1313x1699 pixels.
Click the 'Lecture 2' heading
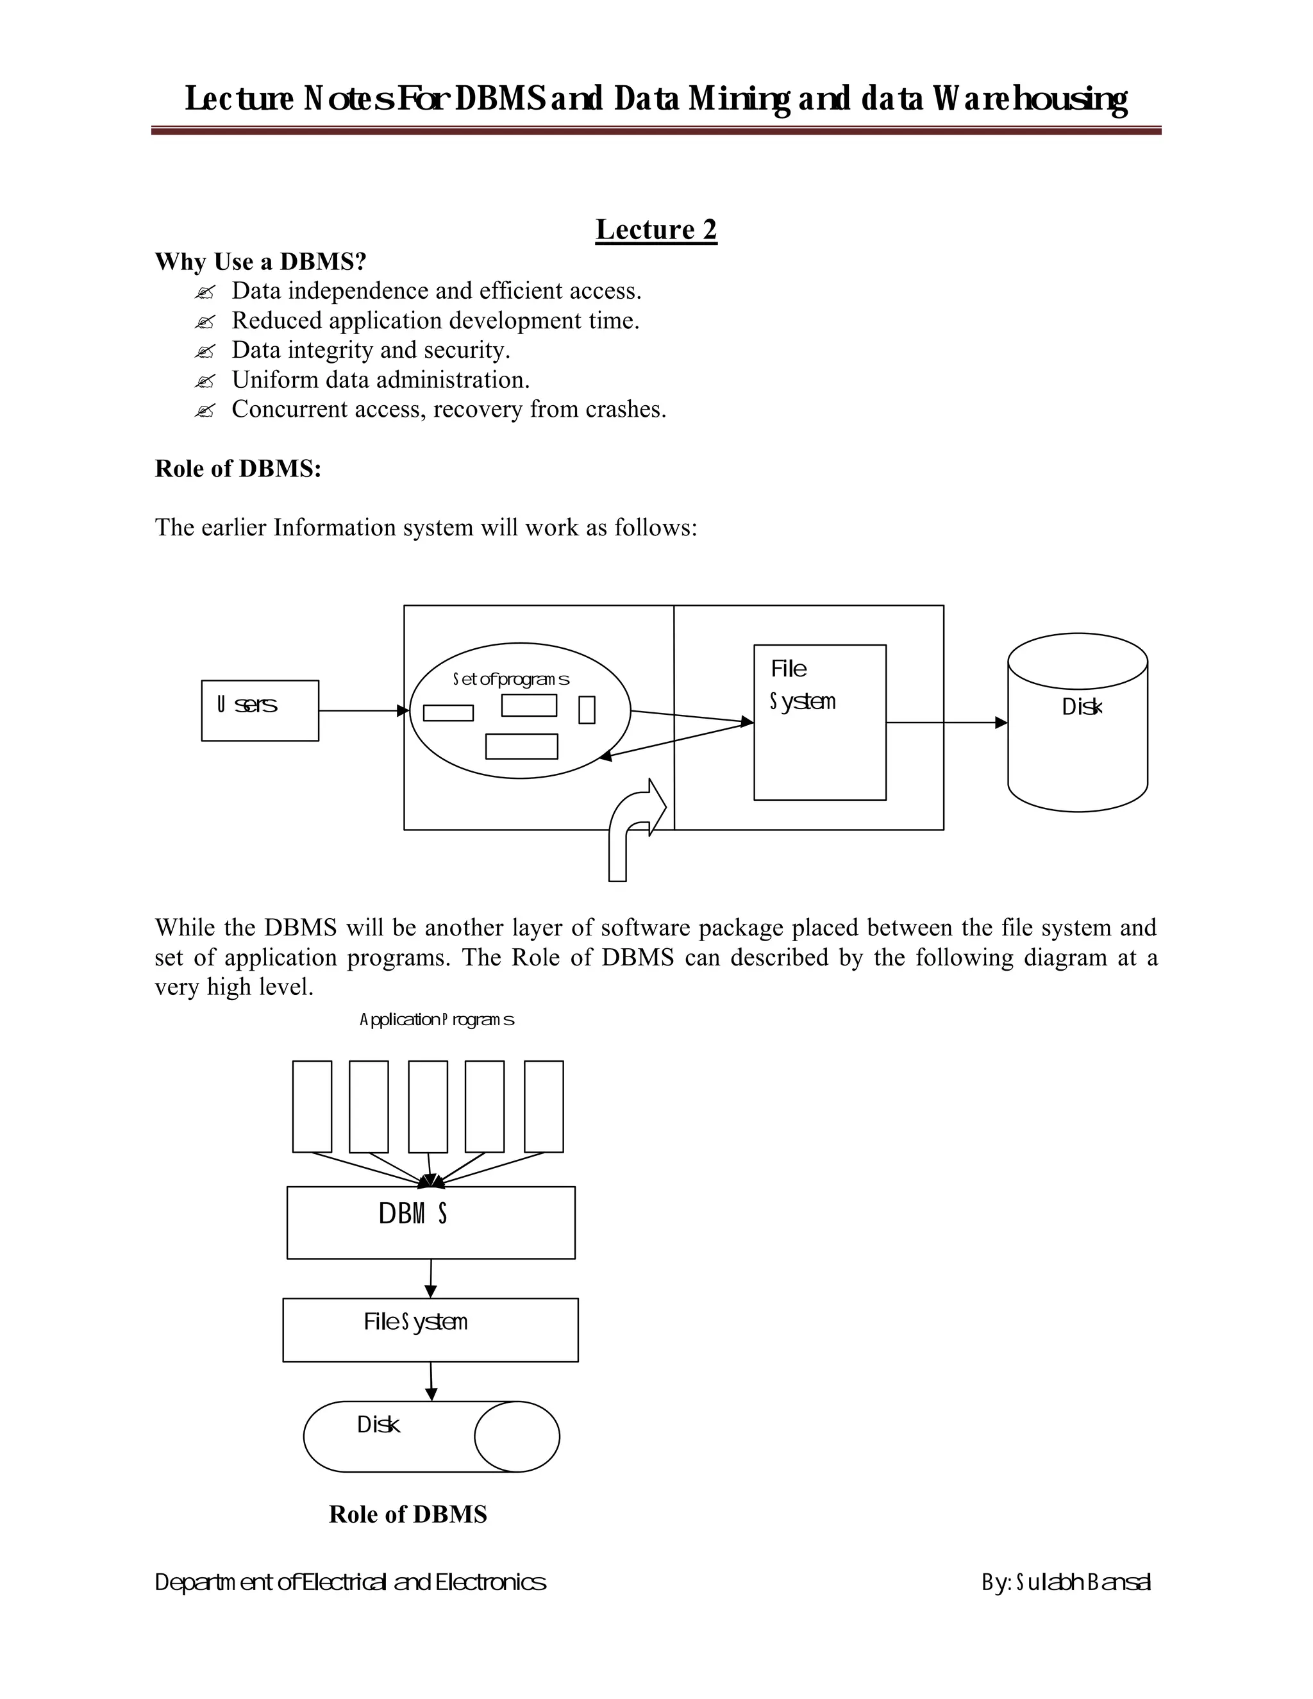click(656, 230)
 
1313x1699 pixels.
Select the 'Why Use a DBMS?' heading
click(260, 262)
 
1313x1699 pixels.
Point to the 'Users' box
click(260, 710)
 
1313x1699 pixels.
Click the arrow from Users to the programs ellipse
click(364, 710)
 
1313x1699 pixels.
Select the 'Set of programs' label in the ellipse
click(511, 679)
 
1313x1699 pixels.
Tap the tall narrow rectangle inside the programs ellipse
click(587, 710)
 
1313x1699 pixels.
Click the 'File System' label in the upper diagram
click(802, 685)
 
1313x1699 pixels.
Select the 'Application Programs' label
click(437, 1019)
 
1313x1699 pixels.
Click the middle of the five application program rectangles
click(428, 1106)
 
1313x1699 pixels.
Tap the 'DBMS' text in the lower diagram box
click(413, 1214)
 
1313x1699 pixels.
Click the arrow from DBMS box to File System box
click(431, 1277)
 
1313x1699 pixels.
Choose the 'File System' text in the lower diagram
click(415, 1322)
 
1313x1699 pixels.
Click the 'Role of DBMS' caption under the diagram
click(408, 1514)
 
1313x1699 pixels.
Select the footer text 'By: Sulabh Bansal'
click(1066, 1582)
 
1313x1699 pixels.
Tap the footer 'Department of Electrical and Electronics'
click(350, 1582)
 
